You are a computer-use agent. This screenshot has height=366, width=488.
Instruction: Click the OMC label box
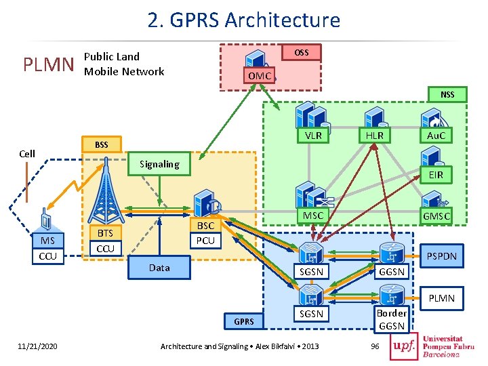point(259,75)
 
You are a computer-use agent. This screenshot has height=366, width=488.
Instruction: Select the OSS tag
point(301,52)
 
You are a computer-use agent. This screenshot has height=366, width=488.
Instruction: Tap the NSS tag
point(447,94)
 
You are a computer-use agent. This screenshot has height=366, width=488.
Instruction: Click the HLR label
point(375,136)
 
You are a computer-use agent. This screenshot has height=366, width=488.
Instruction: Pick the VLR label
point(313,136)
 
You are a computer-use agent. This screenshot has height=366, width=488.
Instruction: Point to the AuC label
point(436,136)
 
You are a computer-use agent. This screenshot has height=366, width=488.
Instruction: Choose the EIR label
point(436,175)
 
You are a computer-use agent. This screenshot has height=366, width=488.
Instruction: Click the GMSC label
point(436,216)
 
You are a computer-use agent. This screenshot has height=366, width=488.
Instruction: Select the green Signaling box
point(159,164)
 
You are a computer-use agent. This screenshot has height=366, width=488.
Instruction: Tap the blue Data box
point(159,268)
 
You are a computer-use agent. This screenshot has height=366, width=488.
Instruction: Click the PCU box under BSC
point(205,241)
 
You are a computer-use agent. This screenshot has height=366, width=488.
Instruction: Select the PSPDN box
point(442,256)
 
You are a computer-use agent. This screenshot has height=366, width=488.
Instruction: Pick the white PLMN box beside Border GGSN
point(442,298)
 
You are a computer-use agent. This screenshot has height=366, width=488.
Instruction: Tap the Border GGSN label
point(392,319)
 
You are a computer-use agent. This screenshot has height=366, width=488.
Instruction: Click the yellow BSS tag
point(102,144)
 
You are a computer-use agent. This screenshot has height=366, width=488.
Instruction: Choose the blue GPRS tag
point(244,321)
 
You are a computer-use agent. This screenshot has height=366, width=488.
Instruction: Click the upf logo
point(404,346)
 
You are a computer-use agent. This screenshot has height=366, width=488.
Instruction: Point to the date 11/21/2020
point(37,346)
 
